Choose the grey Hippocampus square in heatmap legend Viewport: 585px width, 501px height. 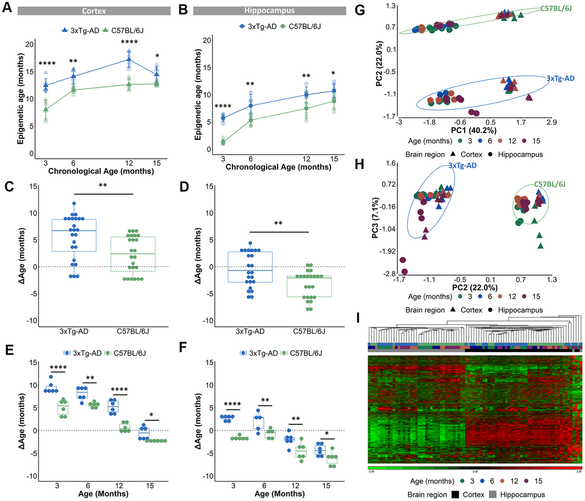[496, 494]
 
